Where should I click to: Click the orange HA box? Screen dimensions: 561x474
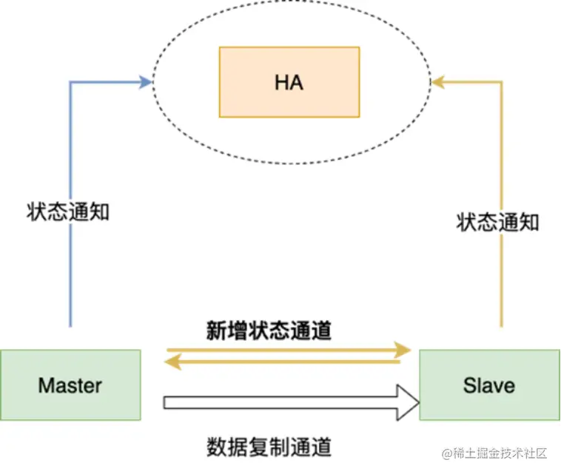click(x=289, y=59)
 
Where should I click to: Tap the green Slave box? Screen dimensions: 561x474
click(x=488, y=367)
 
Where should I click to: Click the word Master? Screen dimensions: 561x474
click(x=70, y=385)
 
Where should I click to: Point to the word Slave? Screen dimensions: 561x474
click(x=488, y=385)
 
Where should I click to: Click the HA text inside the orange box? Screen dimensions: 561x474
click(x=289, y=82)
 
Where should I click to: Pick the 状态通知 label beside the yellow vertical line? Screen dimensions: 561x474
click(x=497, y=222)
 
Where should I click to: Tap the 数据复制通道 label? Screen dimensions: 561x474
click(x=269, y=447)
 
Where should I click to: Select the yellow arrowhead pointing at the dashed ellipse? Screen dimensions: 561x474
click(x=437, y=82)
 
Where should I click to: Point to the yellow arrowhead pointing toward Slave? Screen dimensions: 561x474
click(x=404, y=348)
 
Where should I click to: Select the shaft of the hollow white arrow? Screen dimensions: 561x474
click(x=281, y=403)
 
